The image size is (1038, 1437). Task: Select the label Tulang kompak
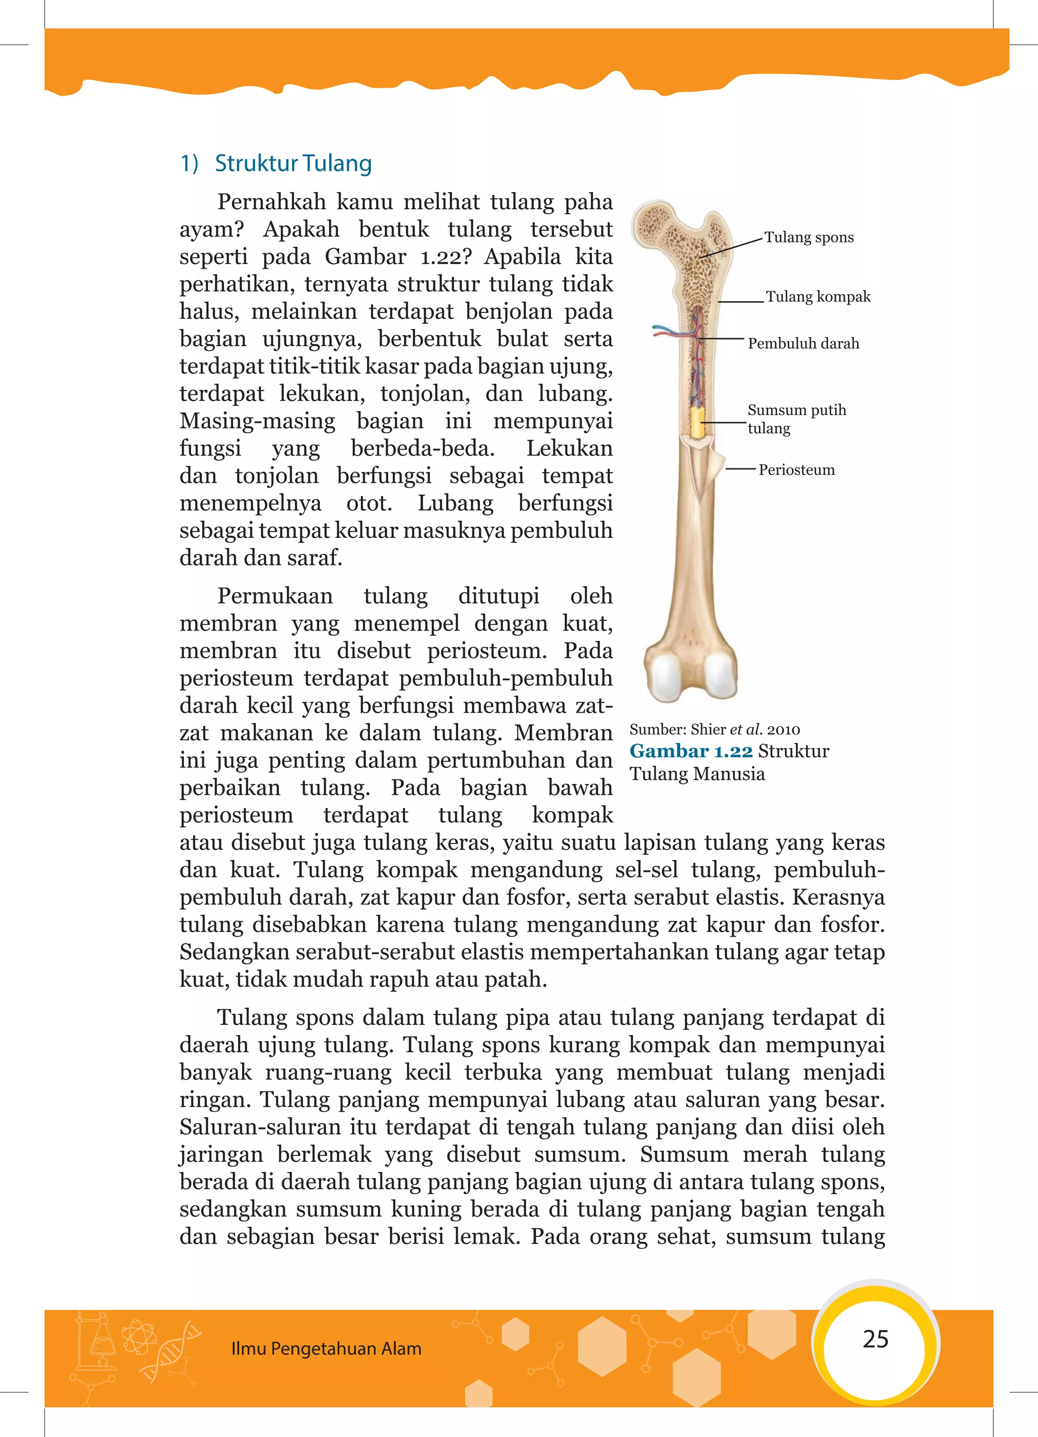point(818,297)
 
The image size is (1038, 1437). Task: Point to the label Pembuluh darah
point(803,344)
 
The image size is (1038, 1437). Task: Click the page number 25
point(875,1338)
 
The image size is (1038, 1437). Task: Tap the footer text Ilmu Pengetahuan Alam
point(326,1348)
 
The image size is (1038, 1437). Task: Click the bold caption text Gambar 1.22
point(691,751)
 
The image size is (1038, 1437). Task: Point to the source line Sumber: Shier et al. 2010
point(714,729)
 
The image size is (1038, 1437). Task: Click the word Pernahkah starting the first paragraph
point(271,202)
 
